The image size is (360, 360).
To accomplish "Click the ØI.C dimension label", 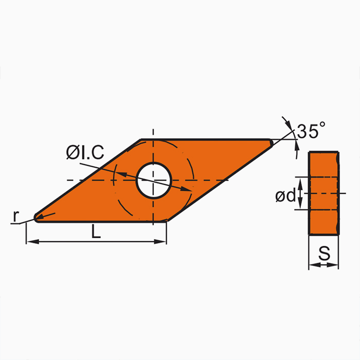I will pyautogui.click(x=85, y=152).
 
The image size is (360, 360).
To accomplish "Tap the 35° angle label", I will pyautogui.click(x=312, y=131).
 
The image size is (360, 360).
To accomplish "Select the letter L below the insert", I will pyautogui.click(x=96, y=232).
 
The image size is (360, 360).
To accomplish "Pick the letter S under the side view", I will pyautogui.click(x=324, y=253).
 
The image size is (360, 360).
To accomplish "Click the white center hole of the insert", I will pyautogui.click(x=153, y=181).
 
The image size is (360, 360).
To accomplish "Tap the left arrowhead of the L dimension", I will pyautogui.click(x=30, y=241).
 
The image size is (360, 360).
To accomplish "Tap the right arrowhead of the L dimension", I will pyautogui.click(x=163, y=241).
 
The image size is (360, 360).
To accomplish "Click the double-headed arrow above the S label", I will pyautogui.click(x=323, y=265).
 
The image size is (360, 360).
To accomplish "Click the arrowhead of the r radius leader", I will pyautogui.click(x=38, y=217).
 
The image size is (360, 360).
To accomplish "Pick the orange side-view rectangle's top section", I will pyautogui.click(x=323, y=164).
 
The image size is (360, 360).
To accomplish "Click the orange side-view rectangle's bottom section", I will pyautogui.click(x=323, y=222).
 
